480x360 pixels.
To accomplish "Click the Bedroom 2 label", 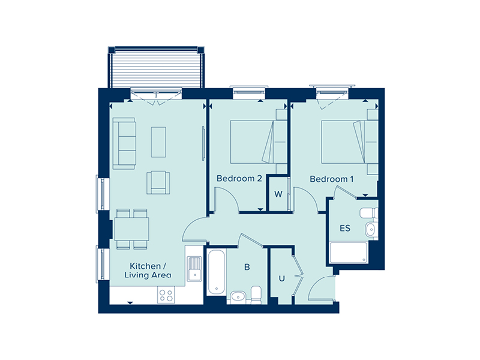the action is (x=239, y=178).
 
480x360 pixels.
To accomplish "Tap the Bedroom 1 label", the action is (x=332, y=179).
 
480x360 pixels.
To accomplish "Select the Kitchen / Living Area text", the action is (x=148, y=271).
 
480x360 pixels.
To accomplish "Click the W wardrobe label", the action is (x=278, y=194).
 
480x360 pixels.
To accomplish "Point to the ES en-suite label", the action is (x=345, y=228).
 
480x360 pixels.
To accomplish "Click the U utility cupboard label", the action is (x=281, y=278).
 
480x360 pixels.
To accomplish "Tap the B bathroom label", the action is (x=247, y=267).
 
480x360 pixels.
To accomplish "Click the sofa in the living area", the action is (x=124, y=143).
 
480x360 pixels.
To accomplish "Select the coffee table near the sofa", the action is (x=158, y=142).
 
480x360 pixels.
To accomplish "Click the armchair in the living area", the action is (x=158, y=182).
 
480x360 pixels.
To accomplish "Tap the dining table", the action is (x=132, y=229).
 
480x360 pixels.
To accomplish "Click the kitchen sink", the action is (x=194, y=268).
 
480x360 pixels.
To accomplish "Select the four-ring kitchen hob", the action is (x=166, y=295).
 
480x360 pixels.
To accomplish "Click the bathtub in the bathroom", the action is (x=217, y=272).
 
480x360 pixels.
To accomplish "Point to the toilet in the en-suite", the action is (x=369, y=213).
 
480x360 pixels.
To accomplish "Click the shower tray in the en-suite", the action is (x=349, y=253).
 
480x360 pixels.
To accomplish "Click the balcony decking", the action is (x=157, y=70).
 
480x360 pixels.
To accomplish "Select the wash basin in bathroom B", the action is (x=238, y=296).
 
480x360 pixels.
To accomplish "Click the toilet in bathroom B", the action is (x=256, y=295).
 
